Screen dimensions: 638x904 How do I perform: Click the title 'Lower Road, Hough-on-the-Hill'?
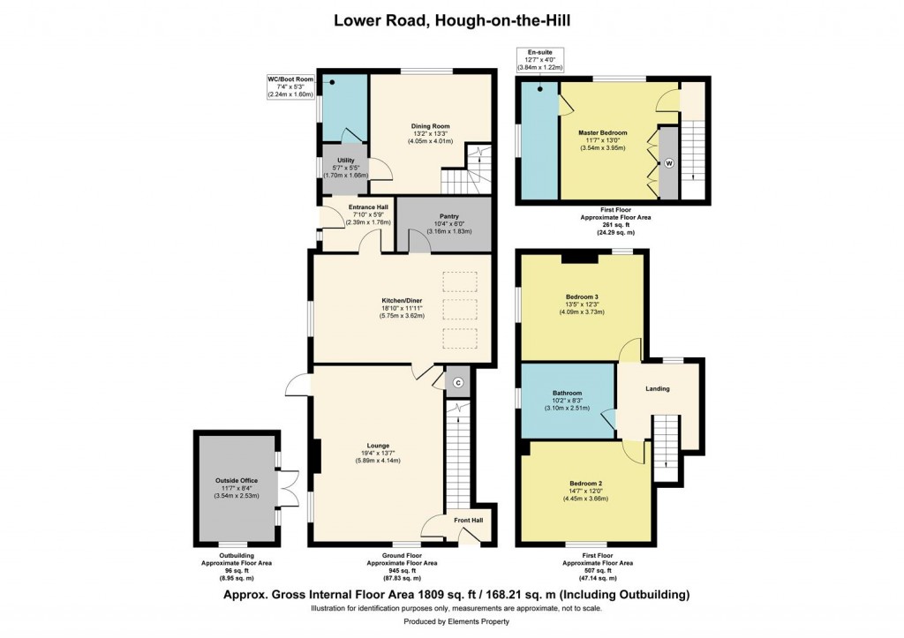coord(451,19)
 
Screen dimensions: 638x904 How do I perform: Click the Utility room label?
coord(345,161)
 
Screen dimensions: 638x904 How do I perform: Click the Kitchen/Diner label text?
coord(403,301)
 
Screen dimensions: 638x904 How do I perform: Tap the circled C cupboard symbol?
coord(457,383)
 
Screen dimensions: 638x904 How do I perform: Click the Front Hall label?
coord(468,521)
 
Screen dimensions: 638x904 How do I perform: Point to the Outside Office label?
coord(236,480)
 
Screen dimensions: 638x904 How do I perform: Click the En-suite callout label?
coord(539,53)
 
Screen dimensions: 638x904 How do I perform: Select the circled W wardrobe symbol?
coord(669,163)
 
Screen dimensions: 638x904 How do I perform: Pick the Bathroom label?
coord(567,394)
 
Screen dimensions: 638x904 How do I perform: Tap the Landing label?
coord(657,389)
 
